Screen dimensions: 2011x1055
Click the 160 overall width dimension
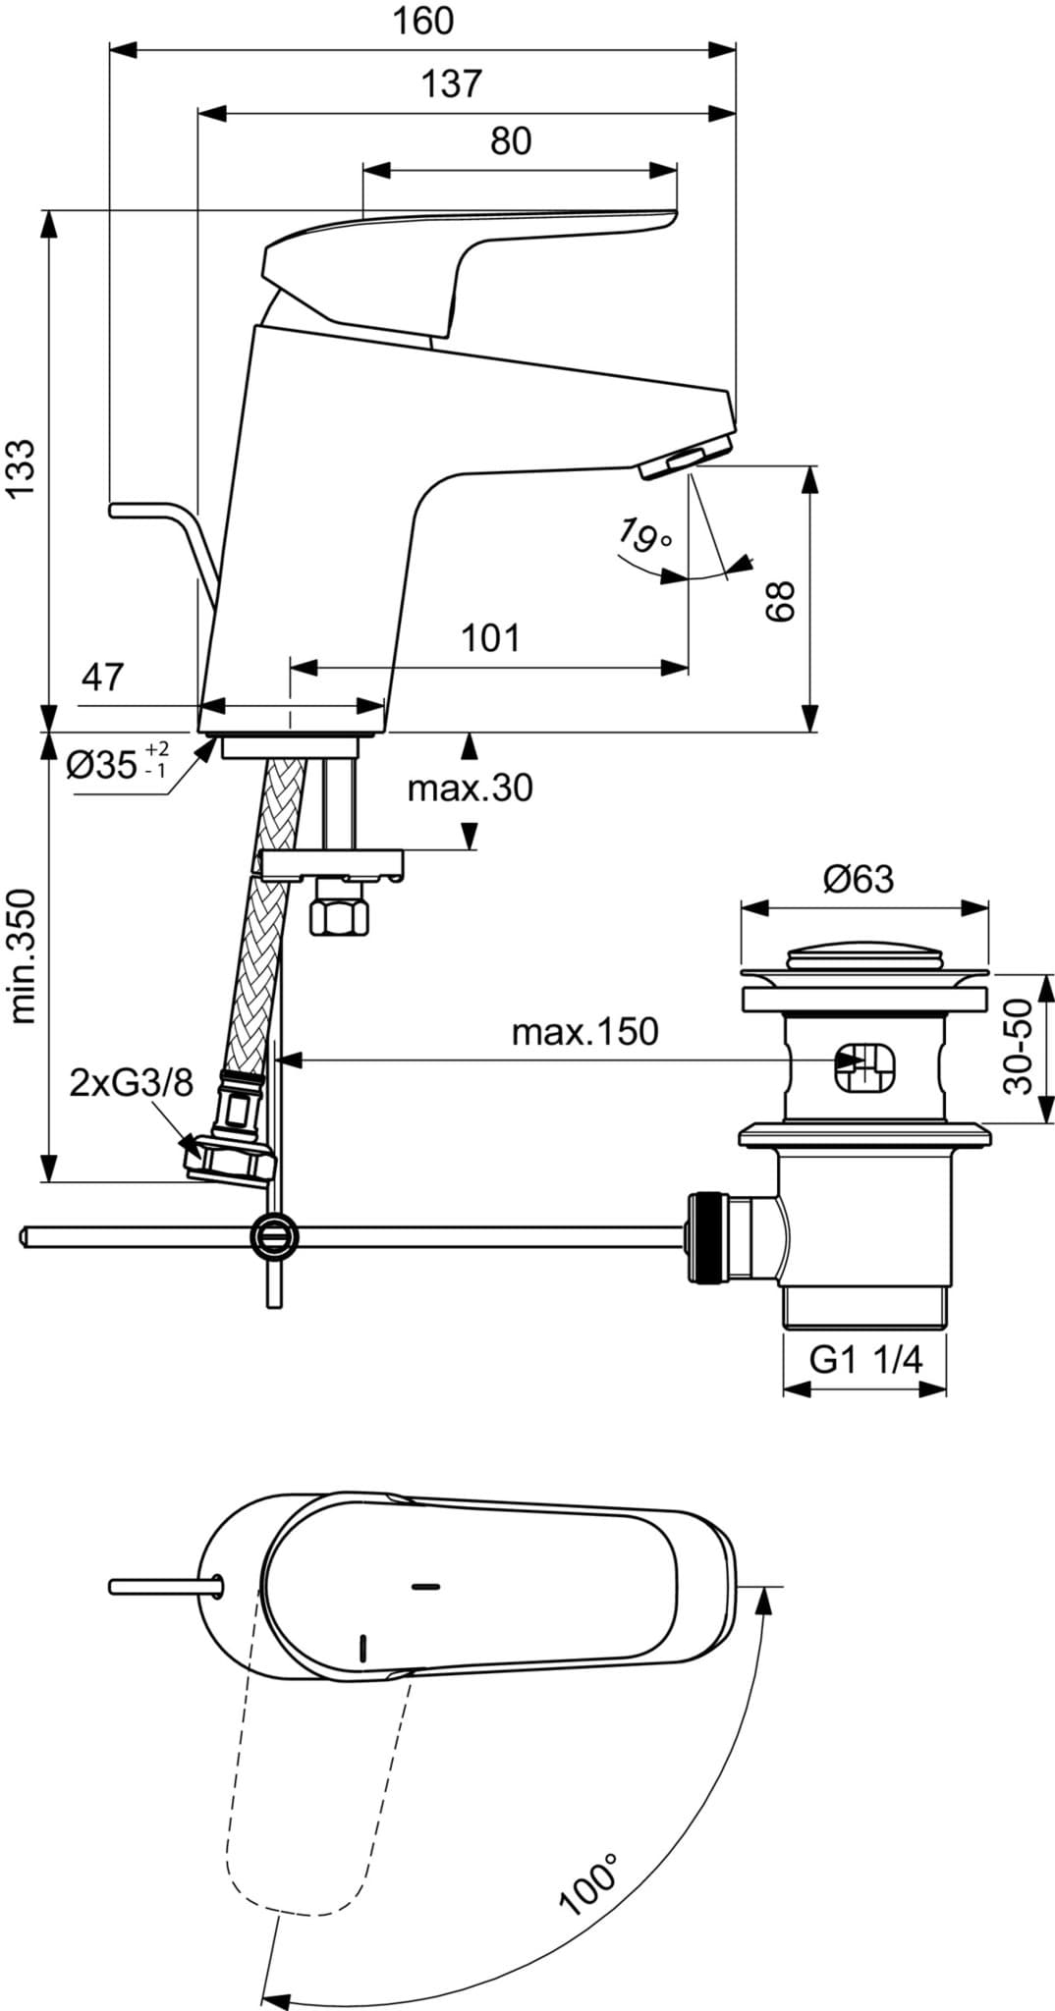[424, 22]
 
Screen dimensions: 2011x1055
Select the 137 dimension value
[452, 84]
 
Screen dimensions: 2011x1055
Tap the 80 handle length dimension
[511, 141]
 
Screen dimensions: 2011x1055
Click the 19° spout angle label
[645, 537]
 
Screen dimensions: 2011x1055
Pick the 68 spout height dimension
[779, 600]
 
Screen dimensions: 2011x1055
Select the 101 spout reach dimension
[490, 639]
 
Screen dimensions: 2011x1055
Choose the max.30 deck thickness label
[471, 788]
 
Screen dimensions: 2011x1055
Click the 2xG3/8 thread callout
[132, 1083]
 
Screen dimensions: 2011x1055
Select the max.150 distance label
[584, 1032]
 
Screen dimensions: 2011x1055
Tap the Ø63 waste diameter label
[860, 879]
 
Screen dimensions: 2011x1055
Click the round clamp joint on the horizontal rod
[273, 1234]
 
